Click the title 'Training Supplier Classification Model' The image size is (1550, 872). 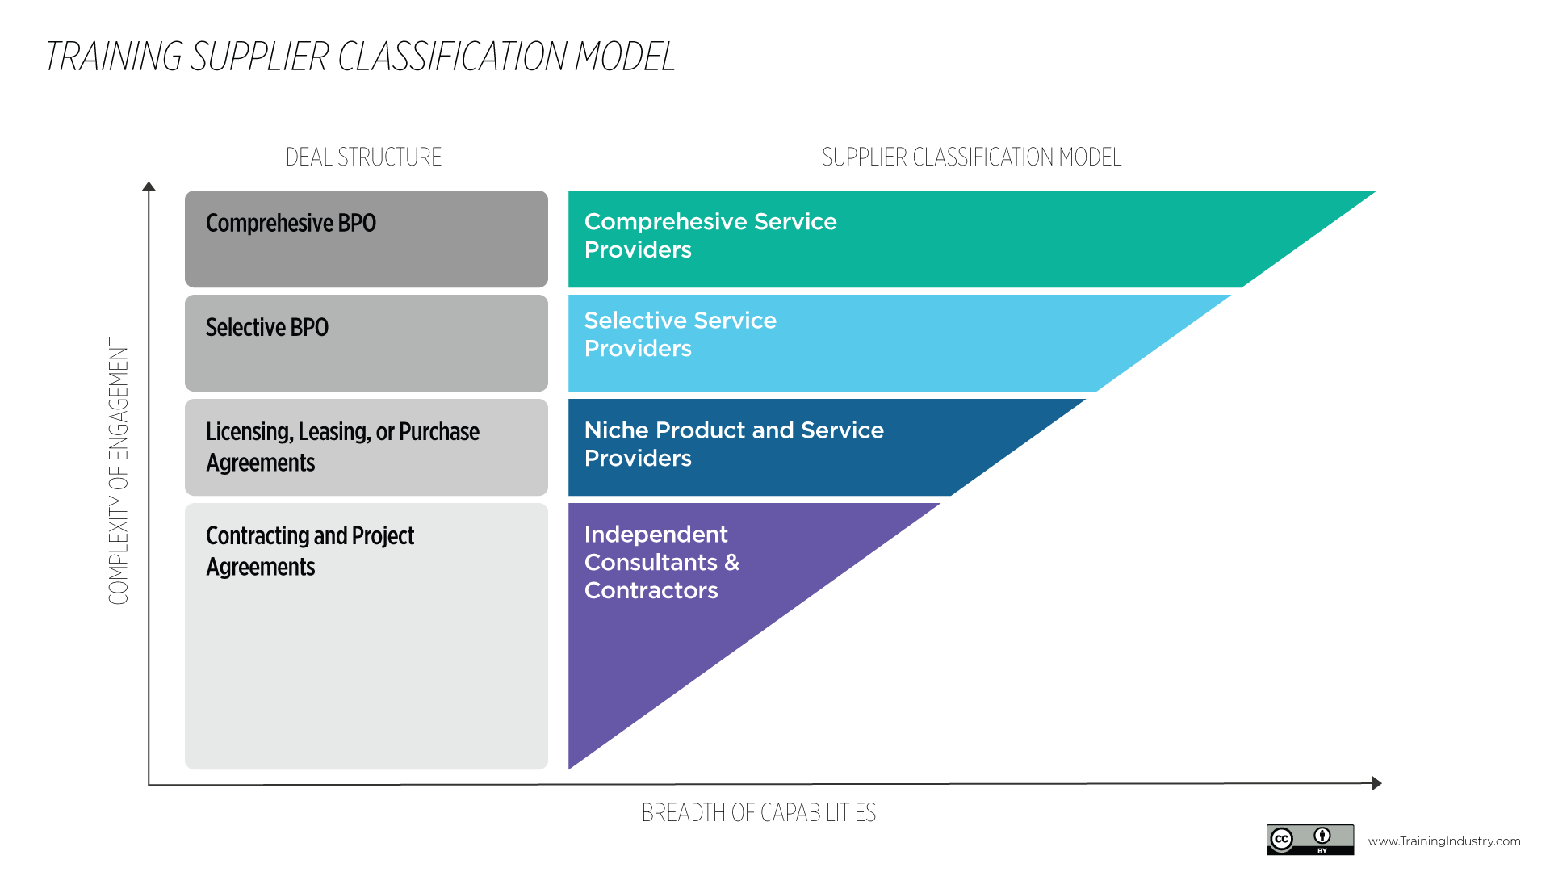(x=360, y=57)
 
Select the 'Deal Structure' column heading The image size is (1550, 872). (x=363, y=157)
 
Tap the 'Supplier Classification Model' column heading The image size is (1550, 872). (x=971, y=157)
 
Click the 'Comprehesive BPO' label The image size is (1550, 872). (x=291, y=223)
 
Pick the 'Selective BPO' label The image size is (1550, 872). (x=267, y=327)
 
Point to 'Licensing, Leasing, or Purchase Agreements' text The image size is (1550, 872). (x=342, y=446)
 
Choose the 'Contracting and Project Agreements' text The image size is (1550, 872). (x=310, y=551)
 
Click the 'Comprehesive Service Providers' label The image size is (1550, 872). (x=710, y=235)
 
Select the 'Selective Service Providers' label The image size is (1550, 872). (x=680, y=333)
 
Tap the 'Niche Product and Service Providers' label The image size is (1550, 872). (x=734, y=443)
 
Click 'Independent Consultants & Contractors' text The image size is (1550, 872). (x=661, y=562)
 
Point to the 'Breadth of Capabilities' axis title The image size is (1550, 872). (x=758, y=812)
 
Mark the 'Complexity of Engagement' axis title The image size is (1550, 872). (x=119, y=471)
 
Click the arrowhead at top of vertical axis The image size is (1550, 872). (x=149, y=187)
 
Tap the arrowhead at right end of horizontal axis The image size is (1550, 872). (x=1376, y=783)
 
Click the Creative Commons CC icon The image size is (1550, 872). (x=1282, y=840)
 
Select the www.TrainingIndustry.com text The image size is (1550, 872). (x=1443, y=841)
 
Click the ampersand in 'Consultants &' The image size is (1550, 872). (x=731, y=562)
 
